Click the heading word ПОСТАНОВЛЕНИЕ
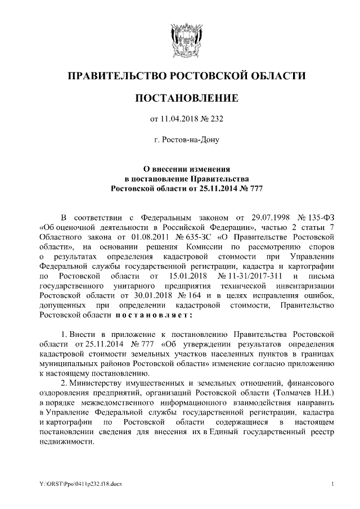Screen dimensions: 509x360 [x=179, y=98]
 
